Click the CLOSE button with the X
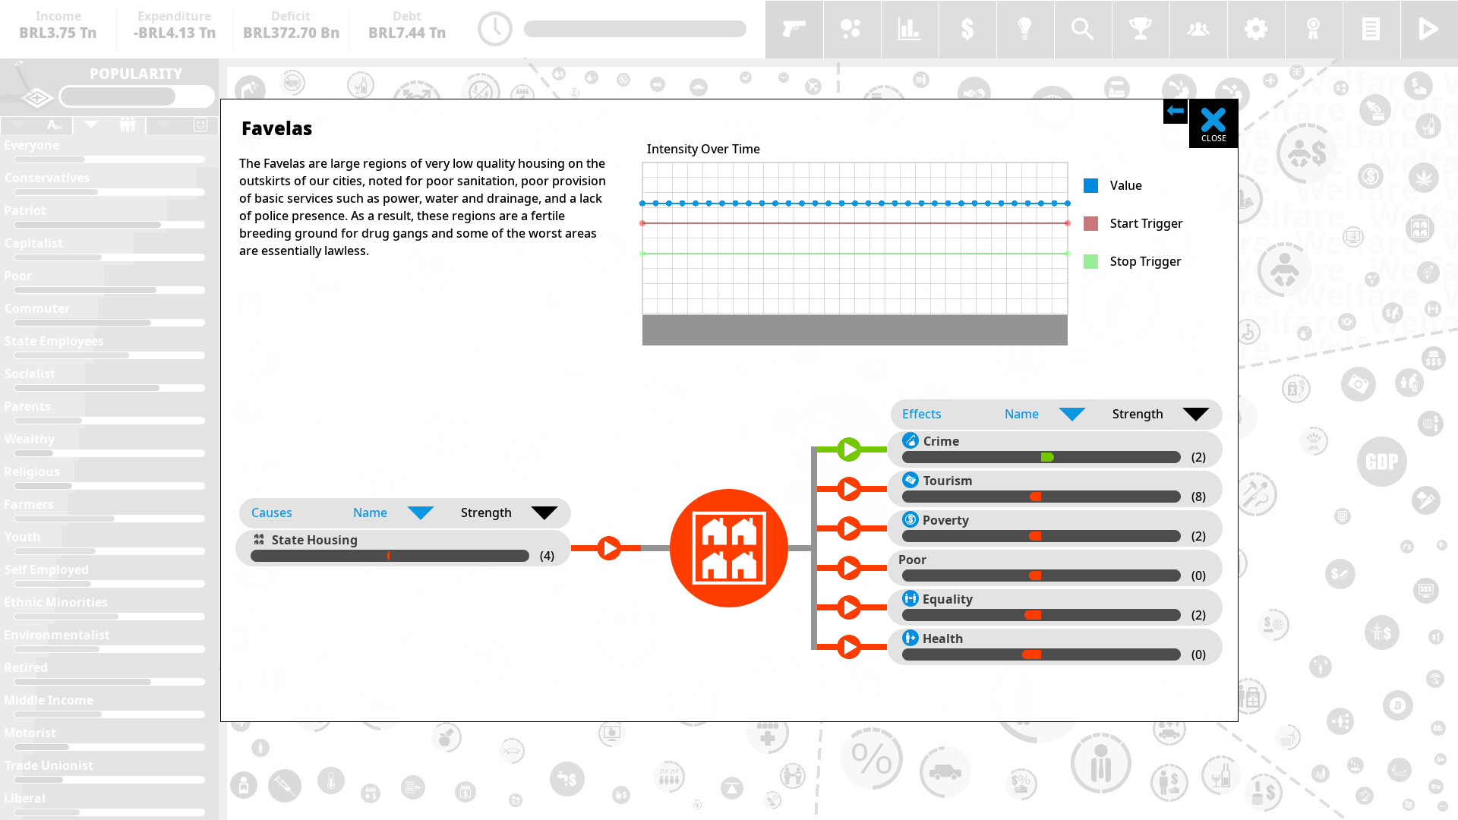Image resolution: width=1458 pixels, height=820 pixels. point(1213,123)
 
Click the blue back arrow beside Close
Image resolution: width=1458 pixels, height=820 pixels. point(1176,111)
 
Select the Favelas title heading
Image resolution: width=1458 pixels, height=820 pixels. point(276,128)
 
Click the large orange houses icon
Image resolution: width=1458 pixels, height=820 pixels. point(728,547)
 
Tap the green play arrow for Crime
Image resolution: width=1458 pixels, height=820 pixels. point(848,449)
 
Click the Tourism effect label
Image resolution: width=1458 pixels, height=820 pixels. point(947,481)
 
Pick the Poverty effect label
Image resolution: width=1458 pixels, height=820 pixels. point(945,520)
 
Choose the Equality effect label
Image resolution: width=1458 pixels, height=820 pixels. point(947,599)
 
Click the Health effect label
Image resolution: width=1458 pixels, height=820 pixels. point(942,639)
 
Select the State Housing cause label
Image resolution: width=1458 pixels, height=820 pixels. point(314,540)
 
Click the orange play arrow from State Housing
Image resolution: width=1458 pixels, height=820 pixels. point(608,547)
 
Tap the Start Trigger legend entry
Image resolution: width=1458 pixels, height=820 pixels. point(1145,223)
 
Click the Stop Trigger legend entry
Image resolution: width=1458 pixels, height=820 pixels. point(1144,261)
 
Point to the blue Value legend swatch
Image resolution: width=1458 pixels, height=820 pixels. point(1090,185)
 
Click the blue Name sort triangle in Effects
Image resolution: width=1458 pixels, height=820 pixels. point(1071,414)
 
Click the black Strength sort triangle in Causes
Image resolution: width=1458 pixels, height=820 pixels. point(544,512)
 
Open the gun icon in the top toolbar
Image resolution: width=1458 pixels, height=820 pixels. point(794,29)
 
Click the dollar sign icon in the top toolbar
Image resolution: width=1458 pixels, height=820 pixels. point(967,29)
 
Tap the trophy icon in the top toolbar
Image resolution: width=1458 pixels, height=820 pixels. point(1140,29)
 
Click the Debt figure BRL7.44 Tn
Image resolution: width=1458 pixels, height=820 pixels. point(407,33)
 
